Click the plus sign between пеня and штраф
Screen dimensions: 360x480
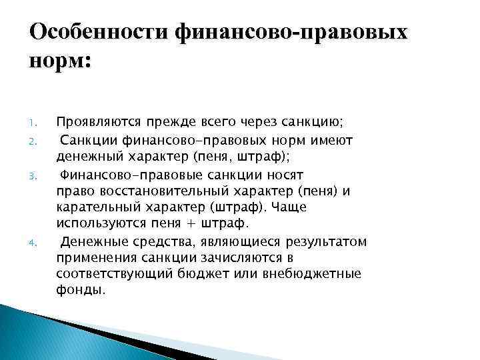(218, 224)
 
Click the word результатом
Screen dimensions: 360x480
(327, 241)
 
